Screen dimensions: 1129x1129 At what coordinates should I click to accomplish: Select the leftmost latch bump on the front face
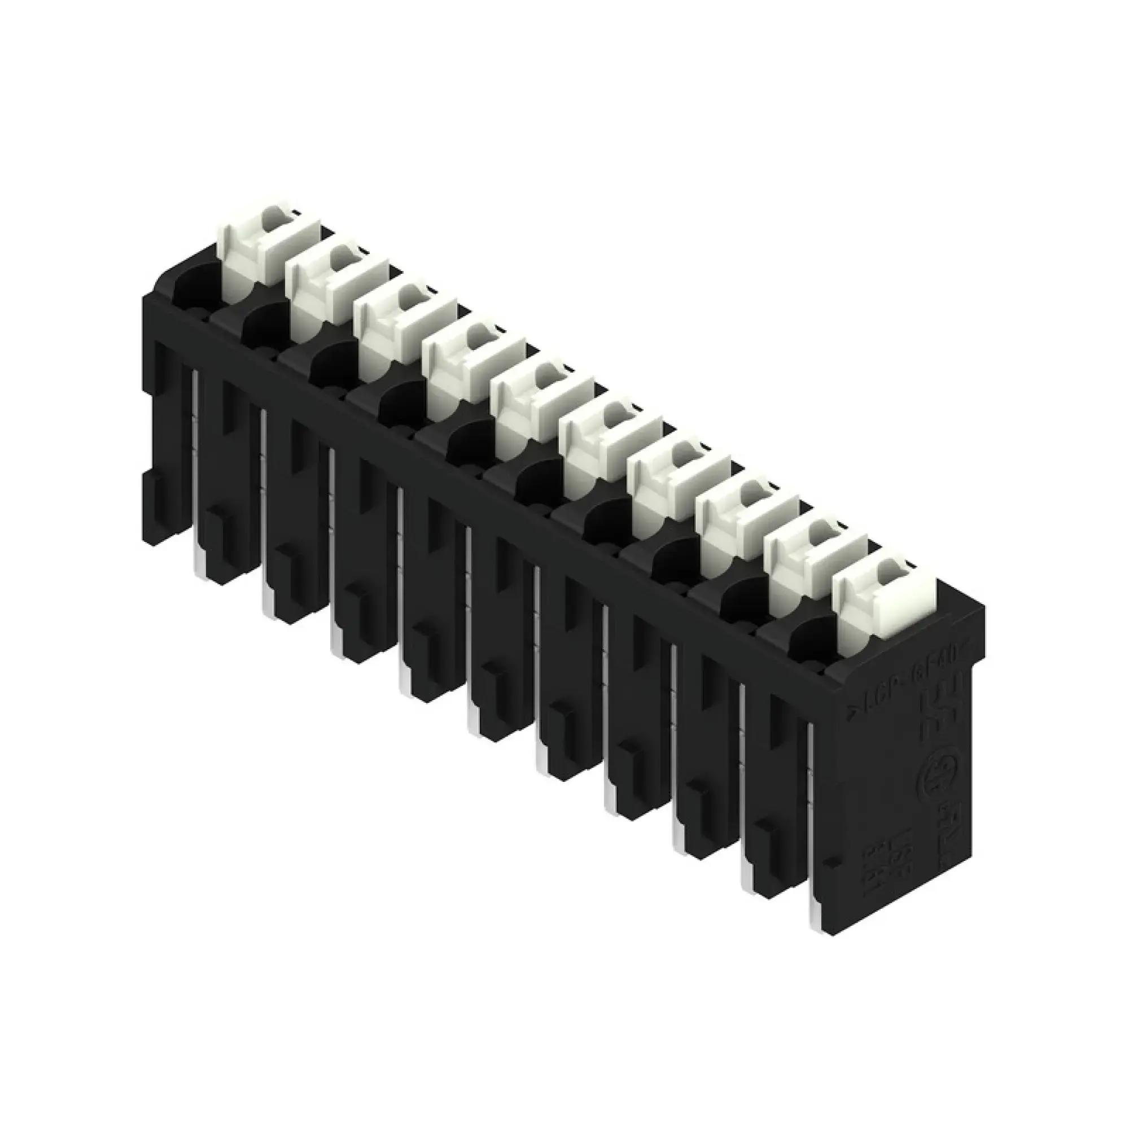(x=150, y=491)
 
